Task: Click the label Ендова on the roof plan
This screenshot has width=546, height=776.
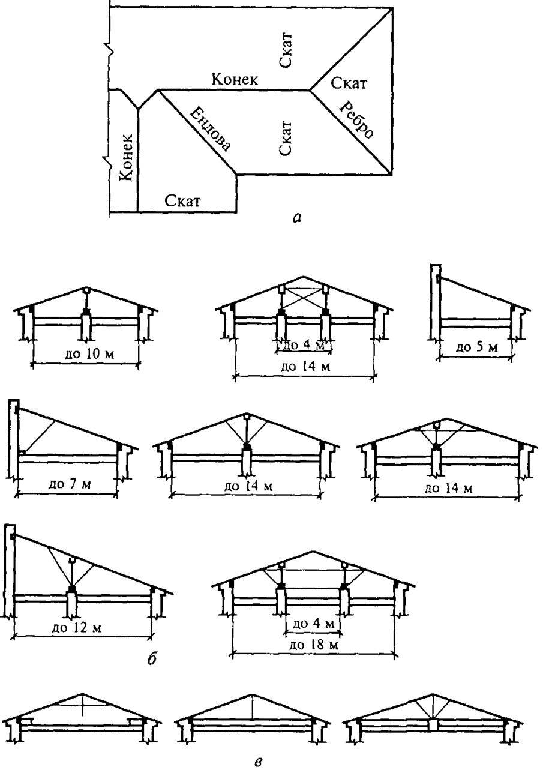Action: click(x=210, y=129)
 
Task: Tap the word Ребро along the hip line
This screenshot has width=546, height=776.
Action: click(x=356, y=119)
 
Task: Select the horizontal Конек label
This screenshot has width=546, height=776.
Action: click(x=235, y=80)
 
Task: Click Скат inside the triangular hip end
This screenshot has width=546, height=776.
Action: click(x=349, y=83)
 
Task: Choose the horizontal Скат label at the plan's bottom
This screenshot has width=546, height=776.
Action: click(x=182, y=200)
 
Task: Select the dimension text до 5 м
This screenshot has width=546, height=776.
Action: click(x=476, y=346)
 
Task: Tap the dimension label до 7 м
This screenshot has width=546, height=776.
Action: click(x=69, y=483)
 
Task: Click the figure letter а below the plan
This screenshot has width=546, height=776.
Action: click(x=297, y=218)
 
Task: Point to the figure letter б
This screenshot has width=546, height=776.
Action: click(x=151, y=659)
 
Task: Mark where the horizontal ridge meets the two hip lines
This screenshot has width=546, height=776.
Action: click(x=310, y=90)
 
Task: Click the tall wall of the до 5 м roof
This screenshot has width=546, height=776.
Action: click(x=436, y=302)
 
